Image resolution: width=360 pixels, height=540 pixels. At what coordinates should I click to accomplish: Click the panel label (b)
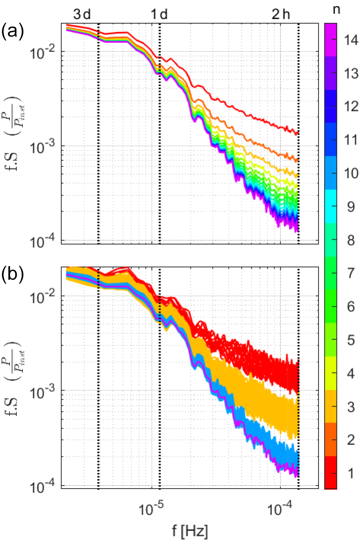click(x=13, y=274)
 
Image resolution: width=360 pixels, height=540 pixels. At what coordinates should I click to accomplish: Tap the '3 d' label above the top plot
click(x=82, y=14)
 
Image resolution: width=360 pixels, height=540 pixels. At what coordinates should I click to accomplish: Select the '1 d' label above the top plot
click(x=159, y=14)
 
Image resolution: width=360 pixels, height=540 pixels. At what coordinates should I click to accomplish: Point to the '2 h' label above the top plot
click(x=281, y=14)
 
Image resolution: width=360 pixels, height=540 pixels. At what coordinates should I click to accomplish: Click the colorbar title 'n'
click(x=336, y=9)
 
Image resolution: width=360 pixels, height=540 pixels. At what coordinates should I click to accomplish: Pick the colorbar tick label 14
click(x=351, y=40)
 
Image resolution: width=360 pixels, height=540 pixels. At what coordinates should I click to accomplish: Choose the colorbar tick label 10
click(x=351, y=173)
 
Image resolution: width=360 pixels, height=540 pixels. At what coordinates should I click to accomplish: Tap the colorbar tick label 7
click(x=351, y=273)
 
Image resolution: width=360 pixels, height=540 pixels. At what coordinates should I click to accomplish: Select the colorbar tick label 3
click(x=351, y=407)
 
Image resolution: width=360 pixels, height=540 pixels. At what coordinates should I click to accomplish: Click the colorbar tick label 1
click(x=351, y=473)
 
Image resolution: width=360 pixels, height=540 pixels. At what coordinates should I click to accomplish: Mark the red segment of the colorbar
click(x=330, y=473)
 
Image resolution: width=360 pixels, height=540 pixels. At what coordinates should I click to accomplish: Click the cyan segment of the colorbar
click(x=330, y=206)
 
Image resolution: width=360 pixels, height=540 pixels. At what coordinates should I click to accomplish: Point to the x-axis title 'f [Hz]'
click(x=190, y=530)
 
